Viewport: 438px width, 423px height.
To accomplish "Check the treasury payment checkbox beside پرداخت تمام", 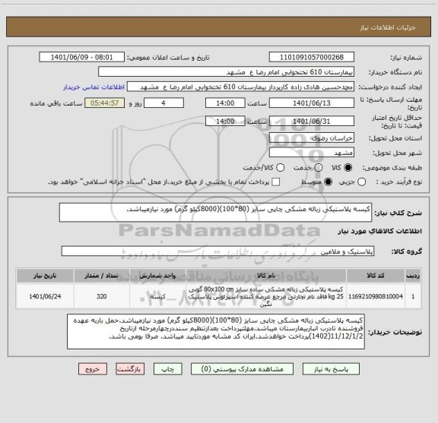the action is (277, 182).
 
